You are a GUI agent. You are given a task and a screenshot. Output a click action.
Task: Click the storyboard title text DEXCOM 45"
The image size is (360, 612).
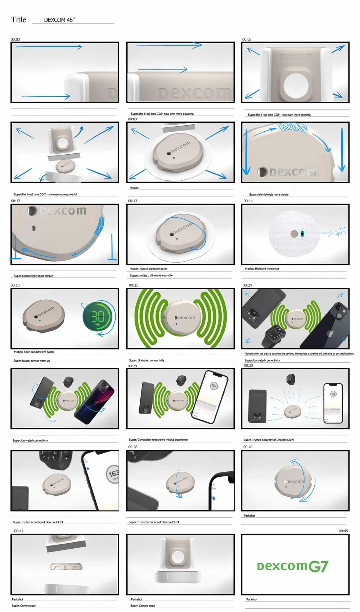point(59,20)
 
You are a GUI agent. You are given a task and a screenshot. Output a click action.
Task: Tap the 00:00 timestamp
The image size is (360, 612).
point(15,40)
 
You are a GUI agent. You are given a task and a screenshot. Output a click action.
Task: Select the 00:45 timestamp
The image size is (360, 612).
point(343,531)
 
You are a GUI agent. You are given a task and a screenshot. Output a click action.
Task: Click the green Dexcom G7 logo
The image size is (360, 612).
point(292,567)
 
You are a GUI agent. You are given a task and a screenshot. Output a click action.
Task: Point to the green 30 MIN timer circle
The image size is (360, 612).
point(97,317)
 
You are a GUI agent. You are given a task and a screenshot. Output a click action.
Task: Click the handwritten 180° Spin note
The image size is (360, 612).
point(340,232)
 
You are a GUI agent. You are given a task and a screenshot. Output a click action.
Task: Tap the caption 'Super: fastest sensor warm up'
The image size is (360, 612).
point(32,361)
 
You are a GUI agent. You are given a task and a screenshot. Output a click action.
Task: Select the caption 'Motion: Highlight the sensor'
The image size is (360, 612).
point(262,269)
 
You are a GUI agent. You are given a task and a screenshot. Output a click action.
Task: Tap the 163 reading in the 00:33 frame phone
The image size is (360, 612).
point(333,394)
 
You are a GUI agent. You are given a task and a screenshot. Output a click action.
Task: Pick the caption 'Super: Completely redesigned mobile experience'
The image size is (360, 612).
point(158,440)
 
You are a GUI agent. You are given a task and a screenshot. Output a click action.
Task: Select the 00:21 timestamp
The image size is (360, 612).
point(133,285)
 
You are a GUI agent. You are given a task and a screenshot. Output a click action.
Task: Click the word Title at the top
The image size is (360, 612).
point(19,20)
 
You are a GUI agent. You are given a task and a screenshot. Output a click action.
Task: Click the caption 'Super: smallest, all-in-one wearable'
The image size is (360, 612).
point(151,276)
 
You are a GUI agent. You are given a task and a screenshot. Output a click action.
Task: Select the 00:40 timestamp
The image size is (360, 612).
point(248,447)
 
